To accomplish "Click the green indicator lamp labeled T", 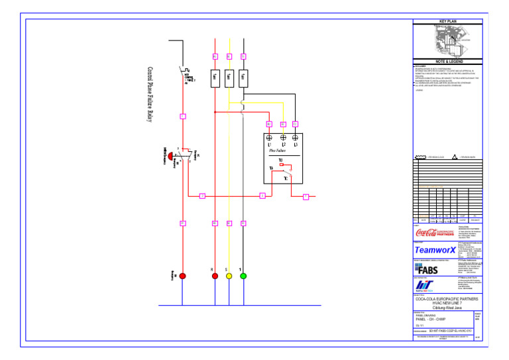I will pos(243,276).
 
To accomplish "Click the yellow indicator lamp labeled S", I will pos(229,276).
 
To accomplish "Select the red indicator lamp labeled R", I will pos(215,276).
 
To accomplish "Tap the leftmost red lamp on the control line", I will pos(182,276).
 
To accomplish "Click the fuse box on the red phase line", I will pos(215,78).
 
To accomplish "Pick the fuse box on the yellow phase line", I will pos(229,78).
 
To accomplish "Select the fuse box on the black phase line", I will pos(243,78).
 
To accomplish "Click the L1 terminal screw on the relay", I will pos(269,138).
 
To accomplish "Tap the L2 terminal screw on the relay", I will pos(283,138).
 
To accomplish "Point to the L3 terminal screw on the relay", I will pos(295,138).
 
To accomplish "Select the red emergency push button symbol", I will pos(172,156).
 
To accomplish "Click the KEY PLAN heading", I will pos(448,21).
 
